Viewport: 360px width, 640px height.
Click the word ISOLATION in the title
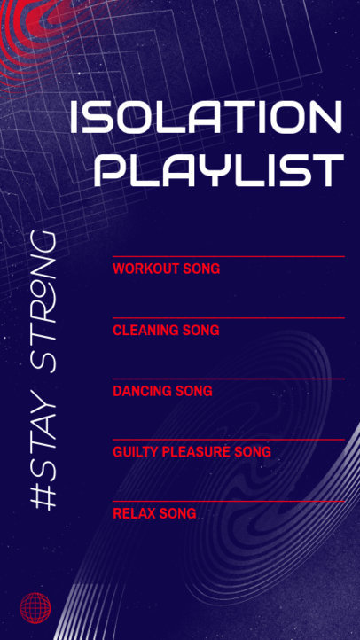point(206,118)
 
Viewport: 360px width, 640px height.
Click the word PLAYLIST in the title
point(218,169)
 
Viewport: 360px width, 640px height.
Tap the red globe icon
point(35,606)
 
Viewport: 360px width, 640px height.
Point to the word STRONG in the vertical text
point(43,301)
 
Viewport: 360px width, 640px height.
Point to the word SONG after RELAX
point(177,513)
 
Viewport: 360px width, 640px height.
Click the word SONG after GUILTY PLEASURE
point(253,452)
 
